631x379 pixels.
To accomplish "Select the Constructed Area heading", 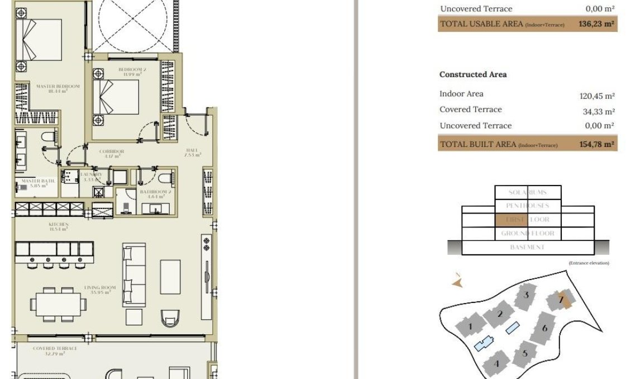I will pos(473,74).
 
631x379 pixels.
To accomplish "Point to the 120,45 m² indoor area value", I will pos(597,96).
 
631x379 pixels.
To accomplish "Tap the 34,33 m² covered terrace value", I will pos(599,112).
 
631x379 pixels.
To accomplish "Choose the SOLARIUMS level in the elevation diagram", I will pos(528,192).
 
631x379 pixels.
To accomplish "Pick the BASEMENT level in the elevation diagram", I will pos(527,247).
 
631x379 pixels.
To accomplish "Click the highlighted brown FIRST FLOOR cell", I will pos(506,220).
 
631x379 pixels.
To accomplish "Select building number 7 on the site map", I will pos(562,300).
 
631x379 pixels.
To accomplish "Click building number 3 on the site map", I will pos(525,295).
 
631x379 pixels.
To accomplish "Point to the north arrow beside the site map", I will pos(458,282).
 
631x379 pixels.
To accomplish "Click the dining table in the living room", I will pos(58,305).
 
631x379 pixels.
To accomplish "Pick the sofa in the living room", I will pos(134,274).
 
